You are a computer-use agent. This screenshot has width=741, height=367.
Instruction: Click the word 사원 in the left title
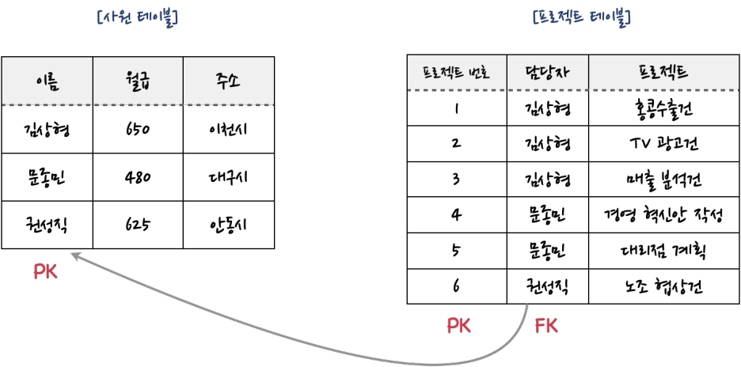coord(115,17)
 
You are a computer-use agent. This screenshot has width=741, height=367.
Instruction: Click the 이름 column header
coord(47,81)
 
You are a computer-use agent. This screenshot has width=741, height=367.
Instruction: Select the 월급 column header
coord(138,81)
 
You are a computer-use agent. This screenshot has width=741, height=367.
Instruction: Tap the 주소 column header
coord(228,81)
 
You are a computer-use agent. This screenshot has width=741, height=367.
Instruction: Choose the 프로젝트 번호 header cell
coord(457,74)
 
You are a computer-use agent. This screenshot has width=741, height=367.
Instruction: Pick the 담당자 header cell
coord(547,74)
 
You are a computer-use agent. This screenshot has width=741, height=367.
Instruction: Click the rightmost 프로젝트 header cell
coord(663,74)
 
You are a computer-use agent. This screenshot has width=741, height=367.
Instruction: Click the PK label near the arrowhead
coord(46,273)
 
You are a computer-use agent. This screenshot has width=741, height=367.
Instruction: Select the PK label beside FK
coord(459,325)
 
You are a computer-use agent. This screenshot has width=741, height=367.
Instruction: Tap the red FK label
coord(547,325)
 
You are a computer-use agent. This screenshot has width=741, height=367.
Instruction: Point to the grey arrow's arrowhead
coord(73,254)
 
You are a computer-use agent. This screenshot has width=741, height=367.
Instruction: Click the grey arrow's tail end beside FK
coord(527,305)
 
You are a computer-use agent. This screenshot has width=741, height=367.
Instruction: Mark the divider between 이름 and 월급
coord(93,81)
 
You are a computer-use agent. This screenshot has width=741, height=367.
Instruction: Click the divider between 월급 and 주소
coord(183,81)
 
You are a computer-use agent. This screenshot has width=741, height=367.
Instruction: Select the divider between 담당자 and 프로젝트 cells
coord(588,74)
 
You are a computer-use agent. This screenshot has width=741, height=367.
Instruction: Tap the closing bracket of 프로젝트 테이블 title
coord(630,17)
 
